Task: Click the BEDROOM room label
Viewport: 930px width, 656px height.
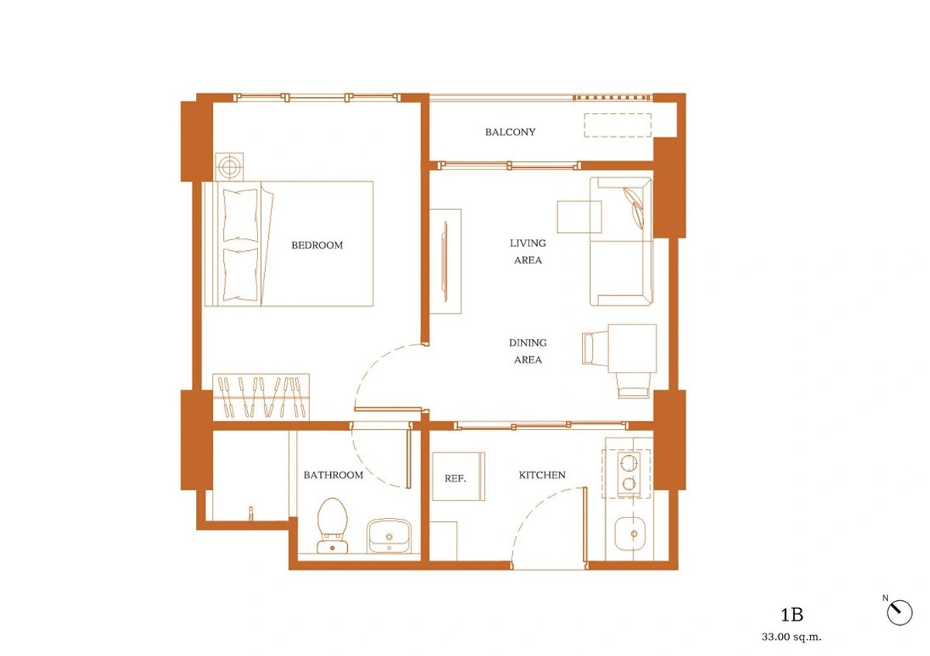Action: (316, 246)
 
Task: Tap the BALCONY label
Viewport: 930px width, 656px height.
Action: (510, 132)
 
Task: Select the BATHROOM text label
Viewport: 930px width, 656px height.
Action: (333, 475)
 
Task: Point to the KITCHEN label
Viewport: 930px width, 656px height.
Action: (542, 475)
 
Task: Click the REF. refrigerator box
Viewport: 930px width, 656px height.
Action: (457, 477)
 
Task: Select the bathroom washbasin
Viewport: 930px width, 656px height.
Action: (389, 535)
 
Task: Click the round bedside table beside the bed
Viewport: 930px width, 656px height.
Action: (229, 166)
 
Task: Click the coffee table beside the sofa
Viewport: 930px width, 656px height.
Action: (579, 217)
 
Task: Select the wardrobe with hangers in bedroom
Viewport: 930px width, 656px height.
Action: (262, 396)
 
